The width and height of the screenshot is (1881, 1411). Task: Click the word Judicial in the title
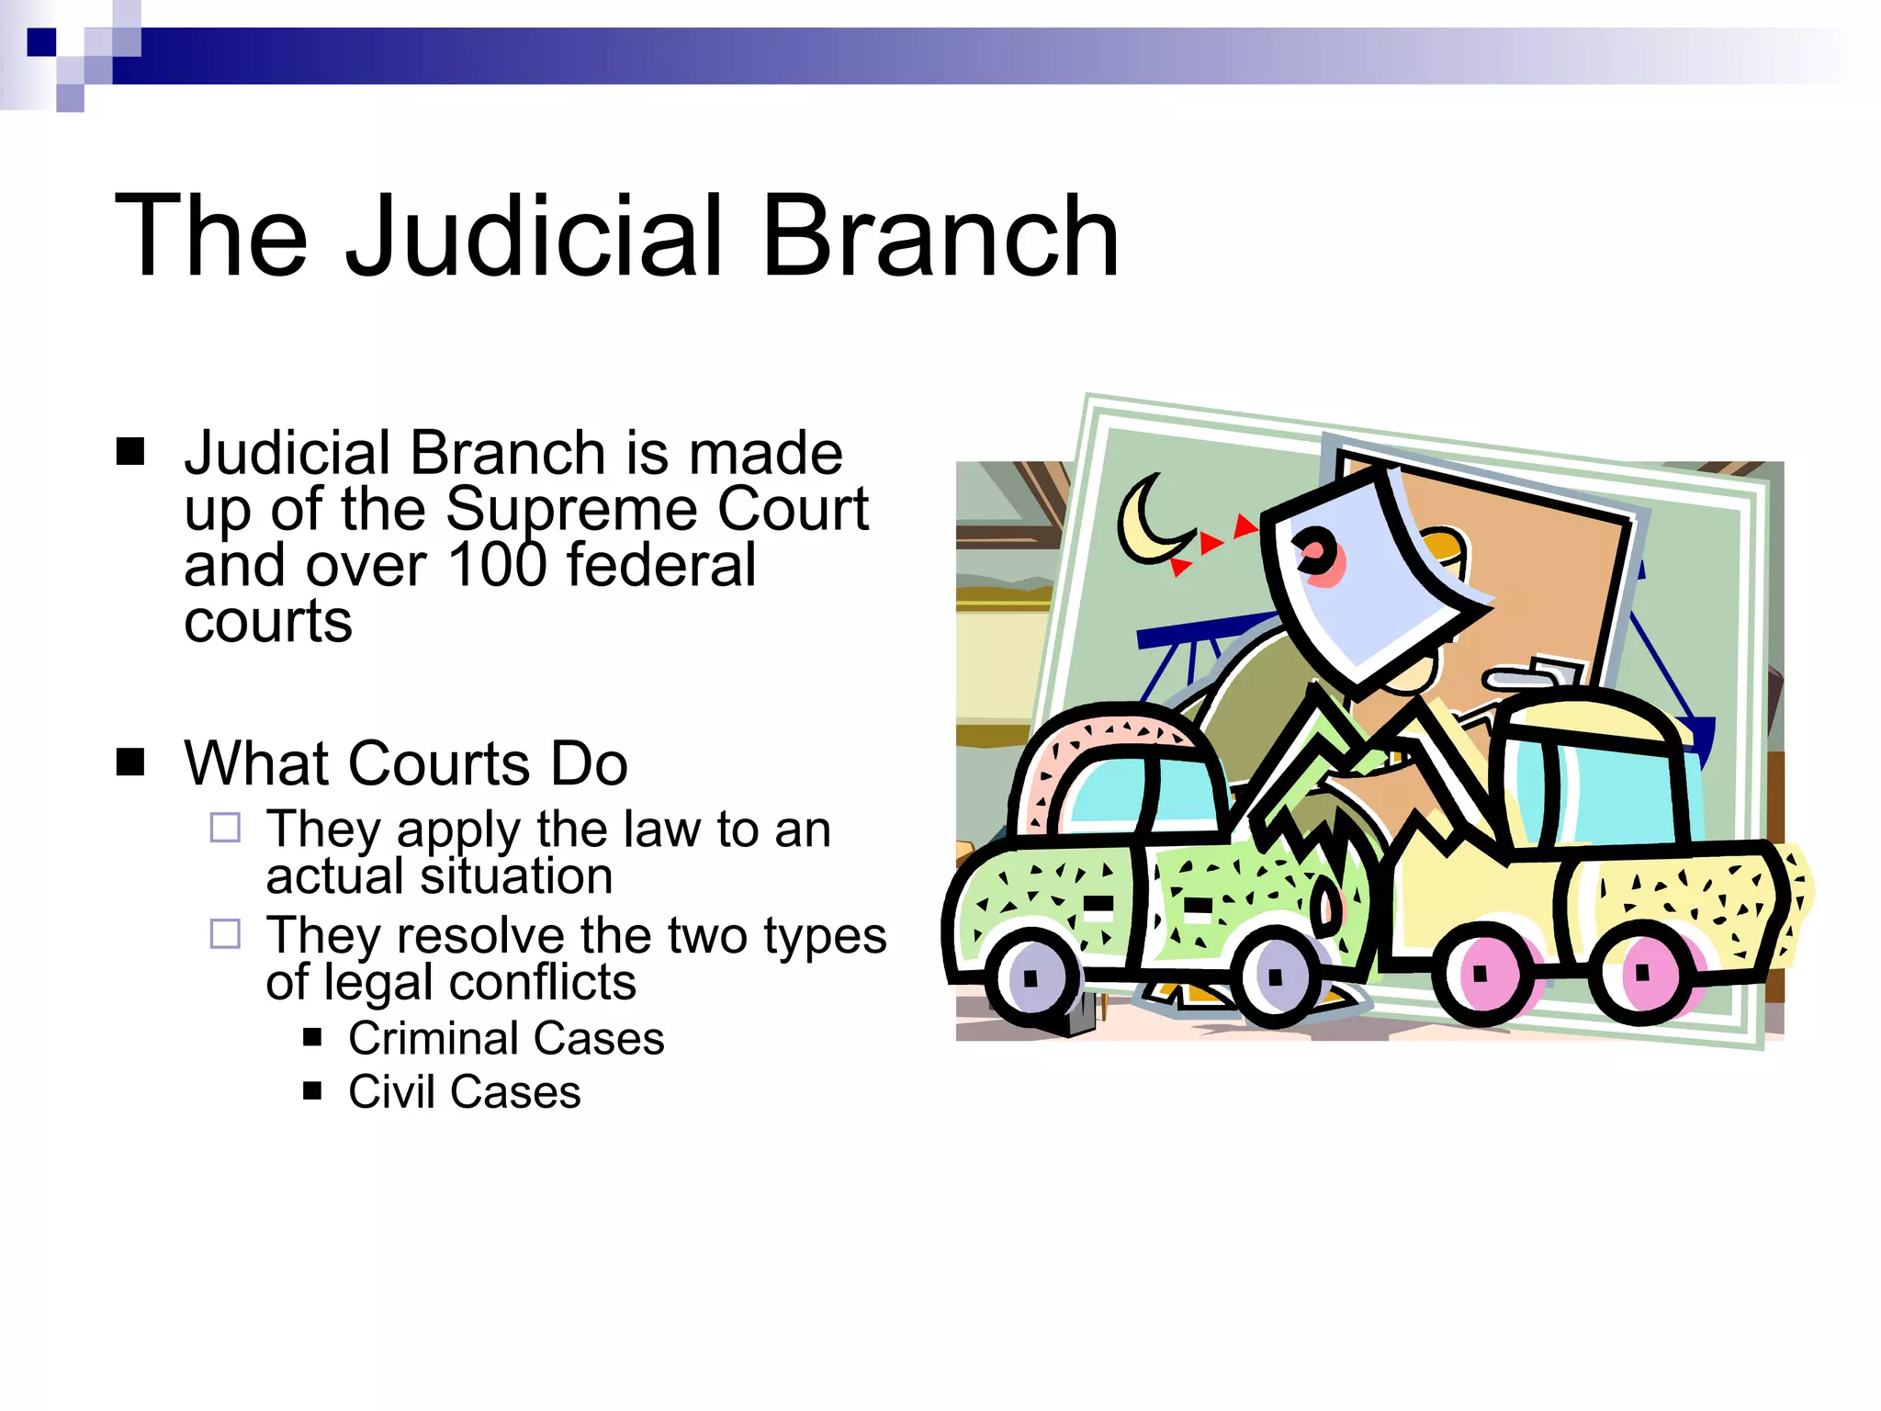point(542,237)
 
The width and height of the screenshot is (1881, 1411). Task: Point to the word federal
point(661,564)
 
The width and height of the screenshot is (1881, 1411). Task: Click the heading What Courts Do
point(405,762)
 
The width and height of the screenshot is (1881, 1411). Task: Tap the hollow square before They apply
point(225,828)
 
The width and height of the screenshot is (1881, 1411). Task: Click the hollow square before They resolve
point(225,933)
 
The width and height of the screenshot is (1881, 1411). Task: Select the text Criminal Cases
point(506,1038)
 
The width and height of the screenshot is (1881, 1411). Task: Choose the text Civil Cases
point(464,1091)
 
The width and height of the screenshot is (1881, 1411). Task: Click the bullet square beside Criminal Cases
point(312,1038)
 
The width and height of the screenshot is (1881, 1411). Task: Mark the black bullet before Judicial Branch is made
point(130,451)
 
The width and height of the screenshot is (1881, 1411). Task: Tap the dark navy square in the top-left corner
point(41,42)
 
